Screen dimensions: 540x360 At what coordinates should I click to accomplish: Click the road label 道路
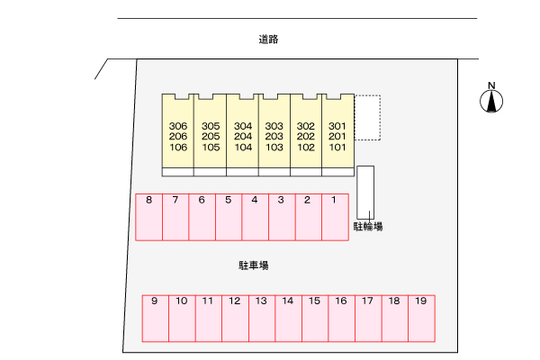point(268,40)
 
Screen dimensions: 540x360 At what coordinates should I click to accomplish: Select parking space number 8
point(148,217)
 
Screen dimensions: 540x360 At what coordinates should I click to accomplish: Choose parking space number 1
point(335,217)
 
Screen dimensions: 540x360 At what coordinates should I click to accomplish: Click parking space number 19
point(421,319)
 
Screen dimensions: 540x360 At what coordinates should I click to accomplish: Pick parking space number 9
point(156,319)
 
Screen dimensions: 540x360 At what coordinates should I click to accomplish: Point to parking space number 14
point(289,319)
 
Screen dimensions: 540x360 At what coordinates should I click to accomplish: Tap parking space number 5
point(229,217)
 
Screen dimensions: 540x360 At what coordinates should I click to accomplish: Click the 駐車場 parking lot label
point(254,265)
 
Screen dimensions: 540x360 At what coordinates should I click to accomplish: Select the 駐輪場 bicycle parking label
point(368,226)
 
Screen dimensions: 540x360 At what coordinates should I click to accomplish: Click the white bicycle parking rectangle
point(365,193)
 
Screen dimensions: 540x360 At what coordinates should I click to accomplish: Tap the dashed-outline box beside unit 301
point(367,118)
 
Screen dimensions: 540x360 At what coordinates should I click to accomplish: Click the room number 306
point(178,126)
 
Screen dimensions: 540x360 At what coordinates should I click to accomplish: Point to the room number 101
point(337,148)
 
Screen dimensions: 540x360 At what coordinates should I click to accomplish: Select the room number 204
point(243,137)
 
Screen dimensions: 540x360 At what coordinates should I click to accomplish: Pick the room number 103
point(274,148)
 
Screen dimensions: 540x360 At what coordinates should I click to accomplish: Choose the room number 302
point(306,126)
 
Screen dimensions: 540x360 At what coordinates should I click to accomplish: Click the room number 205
point(211,137)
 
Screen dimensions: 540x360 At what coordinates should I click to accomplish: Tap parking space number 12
point(235,319)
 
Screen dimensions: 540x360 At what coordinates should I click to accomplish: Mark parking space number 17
point(368,319)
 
